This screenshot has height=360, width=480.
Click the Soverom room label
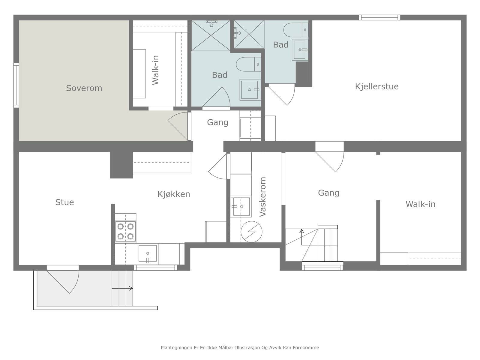[84, 88]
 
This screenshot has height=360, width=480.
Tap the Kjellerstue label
[376, 87]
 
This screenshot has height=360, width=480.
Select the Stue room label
[64, 202]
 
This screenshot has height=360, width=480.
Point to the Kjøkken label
[174, 194]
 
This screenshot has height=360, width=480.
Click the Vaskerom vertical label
[262, 197]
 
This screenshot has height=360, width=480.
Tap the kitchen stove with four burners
[125, 232]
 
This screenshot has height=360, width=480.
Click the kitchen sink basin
[148, 253]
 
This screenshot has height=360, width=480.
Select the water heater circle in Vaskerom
[251, 232]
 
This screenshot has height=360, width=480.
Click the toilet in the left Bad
[248, 64]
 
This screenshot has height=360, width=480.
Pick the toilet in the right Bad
[296, 30]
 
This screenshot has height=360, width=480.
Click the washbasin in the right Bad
[300, 50]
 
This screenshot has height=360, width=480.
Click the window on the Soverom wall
[16, 85]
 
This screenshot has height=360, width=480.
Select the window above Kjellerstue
[379, 17]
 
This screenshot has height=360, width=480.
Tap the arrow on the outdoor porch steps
[122, 289]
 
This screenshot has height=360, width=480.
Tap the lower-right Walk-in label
[420, 204]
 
